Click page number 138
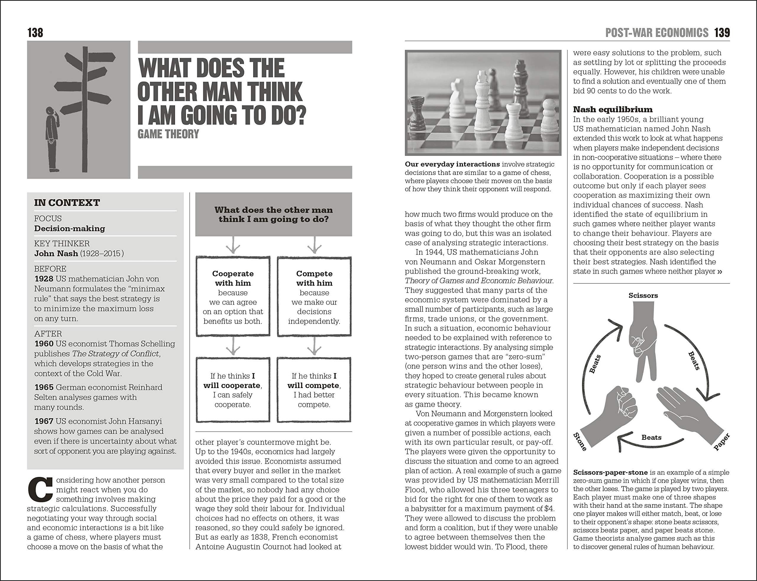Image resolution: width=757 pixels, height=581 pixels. (x=35, y=33)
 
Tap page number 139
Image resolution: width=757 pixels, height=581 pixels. (x=722, y=33)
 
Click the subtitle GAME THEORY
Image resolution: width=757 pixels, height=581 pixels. (x=168, y=134)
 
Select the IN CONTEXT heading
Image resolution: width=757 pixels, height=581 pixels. (x=67, y=203)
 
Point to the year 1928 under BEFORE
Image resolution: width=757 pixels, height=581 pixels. (x=43, y=279)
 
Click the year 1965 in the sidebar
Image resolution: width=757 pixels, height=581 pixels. (x=43, y=387)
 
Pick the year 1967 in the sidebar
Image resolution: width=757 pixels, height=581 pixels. (x=43, y=421)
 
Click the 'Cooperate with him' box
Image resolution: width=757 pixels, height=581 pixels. (x=233, y=296)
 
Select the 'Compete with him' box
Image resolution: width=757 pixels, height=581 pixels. (x=314, y=296)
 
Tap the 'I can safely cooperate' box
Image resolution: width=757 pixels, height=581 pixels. (x=233, y=390)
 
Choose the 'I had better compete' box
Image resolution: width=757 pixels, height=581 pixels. (x=314, y=390)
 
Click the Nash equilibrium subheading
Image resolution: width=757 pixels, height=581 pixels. (x=613, y=110)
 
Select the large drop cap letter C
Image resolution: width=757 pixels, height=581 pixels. (x=41, y=490)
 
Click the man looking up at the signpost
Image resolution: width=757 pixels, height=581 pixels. (x=52, y=138)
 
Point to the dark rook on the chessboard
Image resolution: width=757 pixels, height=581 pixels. (x=417, y=114)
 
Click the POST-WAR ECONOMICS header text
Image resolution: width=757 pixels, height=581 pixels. (x=657, y=33)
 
